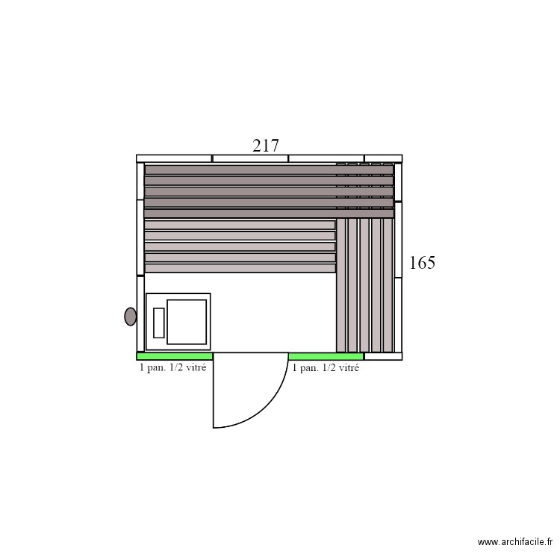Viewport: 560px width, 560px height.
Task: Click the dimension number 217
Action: click(266, 146)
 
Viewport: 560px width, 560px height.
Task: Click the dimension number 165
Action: click(422, 263)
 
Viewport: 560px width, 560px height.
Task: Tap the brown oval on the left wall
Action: click(131, 317)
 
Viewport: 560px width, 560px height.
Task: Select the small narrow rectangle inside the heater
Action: click(158, 322)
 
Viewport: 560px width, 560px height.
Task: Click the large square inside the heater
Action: click(186, 322)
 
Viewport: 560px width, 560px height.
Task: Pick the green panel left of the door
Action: click(175, 356)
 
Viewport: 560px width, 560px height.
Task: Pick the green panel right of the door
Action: click(326, 356)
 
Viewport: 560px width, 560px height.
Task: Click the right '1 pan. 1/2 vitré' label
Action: click(326, 367)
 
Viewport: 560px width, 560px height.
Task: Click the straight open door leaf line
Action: click(214, 390)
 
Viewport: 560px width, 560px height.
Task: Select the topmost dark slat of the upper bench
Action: click(269, 169)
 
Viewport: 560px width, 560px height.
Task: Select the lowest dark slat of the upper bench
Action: click(269, 213)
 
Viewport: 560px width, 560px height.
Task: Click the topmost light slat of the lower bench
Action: click(240, 225)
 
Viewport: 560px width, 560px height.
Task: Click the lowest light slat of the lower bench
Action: click(240, 268)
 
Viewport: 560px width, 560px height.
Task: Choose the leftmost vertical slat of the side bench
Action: click(341, 284)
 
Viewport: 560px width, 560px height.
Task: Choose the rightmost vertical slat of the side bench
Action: click(388, 284)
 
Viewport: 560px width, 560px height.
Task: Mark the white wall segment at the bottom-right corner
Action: click(383, 356)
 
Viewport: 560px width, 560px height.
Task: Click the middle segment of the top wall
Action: click(250, 158)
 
